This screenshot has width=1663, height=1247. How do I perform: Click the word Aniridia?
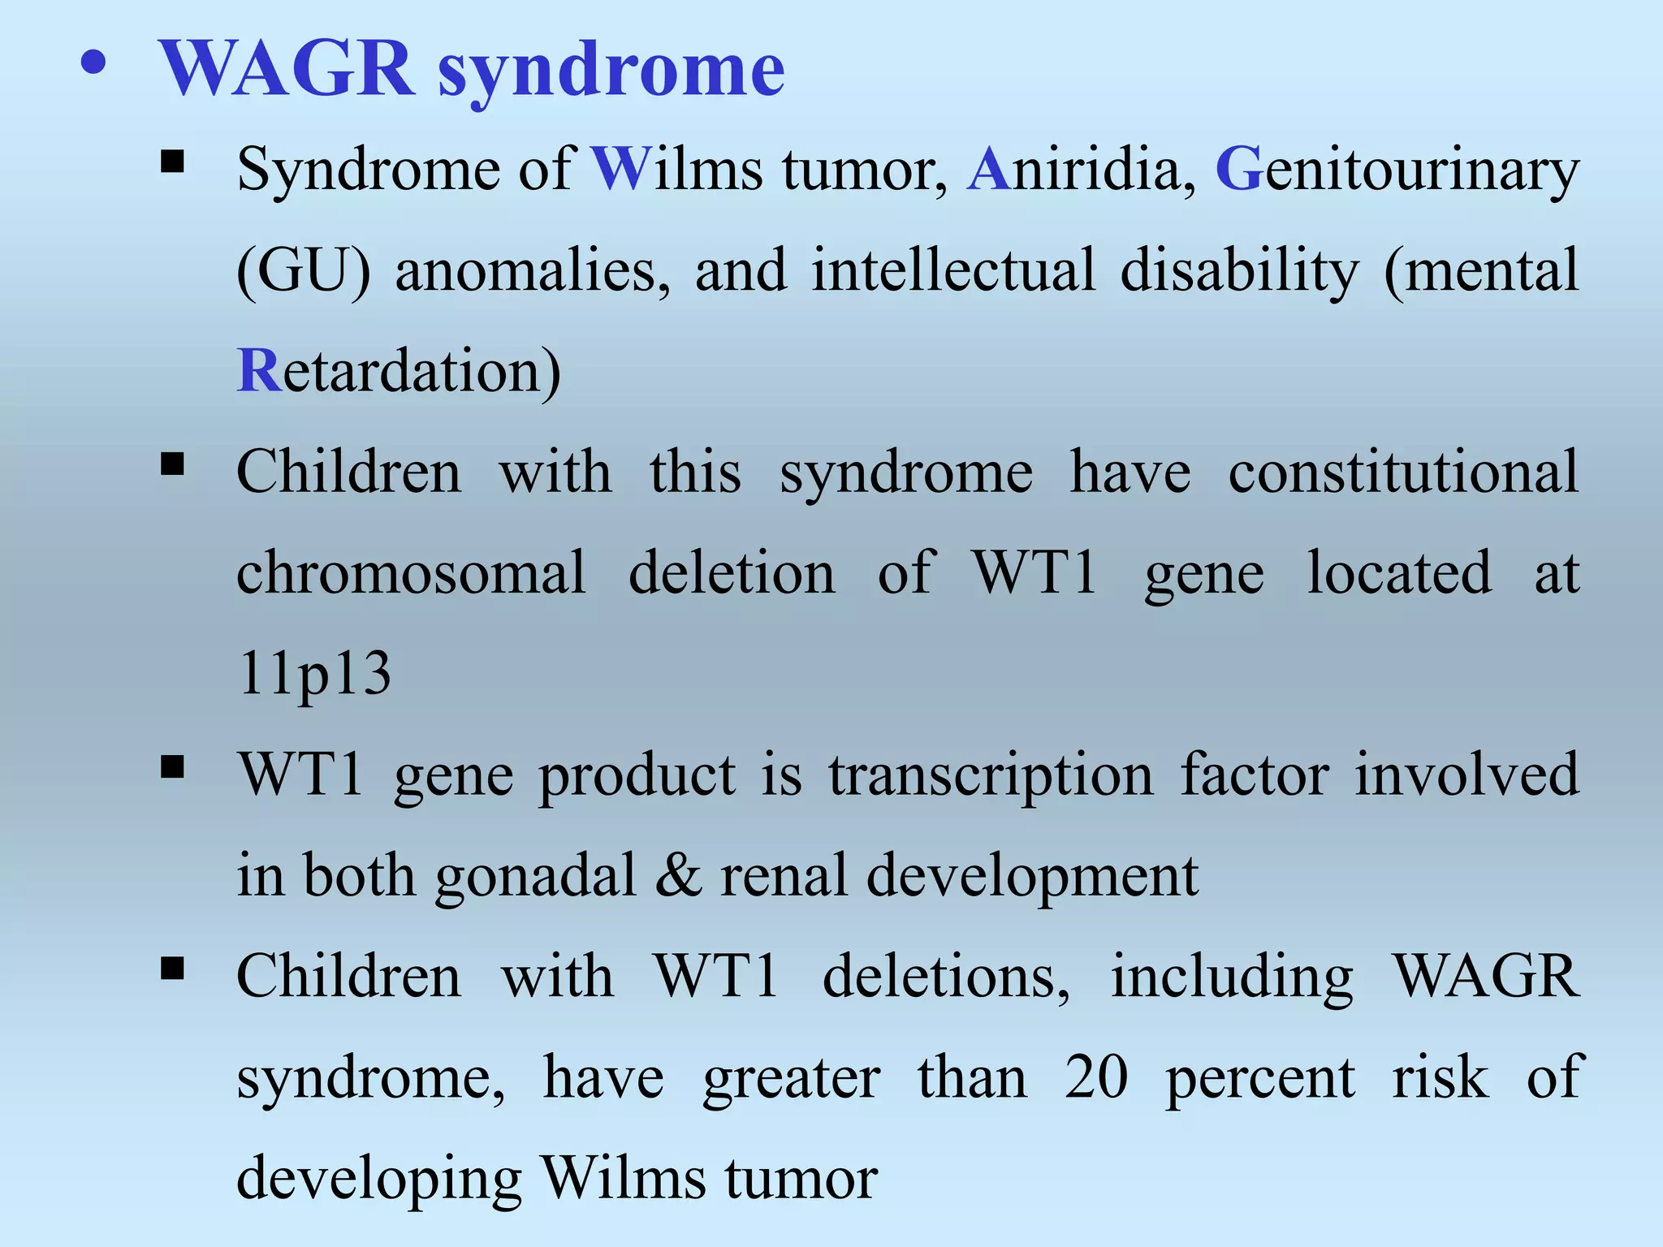pos(1081,170)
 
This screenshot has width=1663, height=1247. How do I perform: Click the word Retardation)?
pos(398,371)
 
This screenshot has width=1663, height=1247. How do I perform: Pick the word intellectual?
pos(953,270)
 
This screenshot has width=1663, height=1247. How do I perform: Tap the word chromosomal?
pos(411,573)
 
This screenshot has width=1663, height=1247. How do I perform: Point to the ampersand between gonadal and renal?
pos(678,875)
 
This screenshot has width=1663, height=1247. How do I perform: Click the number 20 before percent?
pos(1096,1077)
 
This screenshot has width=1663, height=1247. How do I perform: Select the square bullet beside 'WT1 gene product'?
pos(173,767)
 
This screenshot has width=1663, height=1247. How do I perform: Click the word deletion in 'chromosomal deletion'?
pos(731,573)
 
